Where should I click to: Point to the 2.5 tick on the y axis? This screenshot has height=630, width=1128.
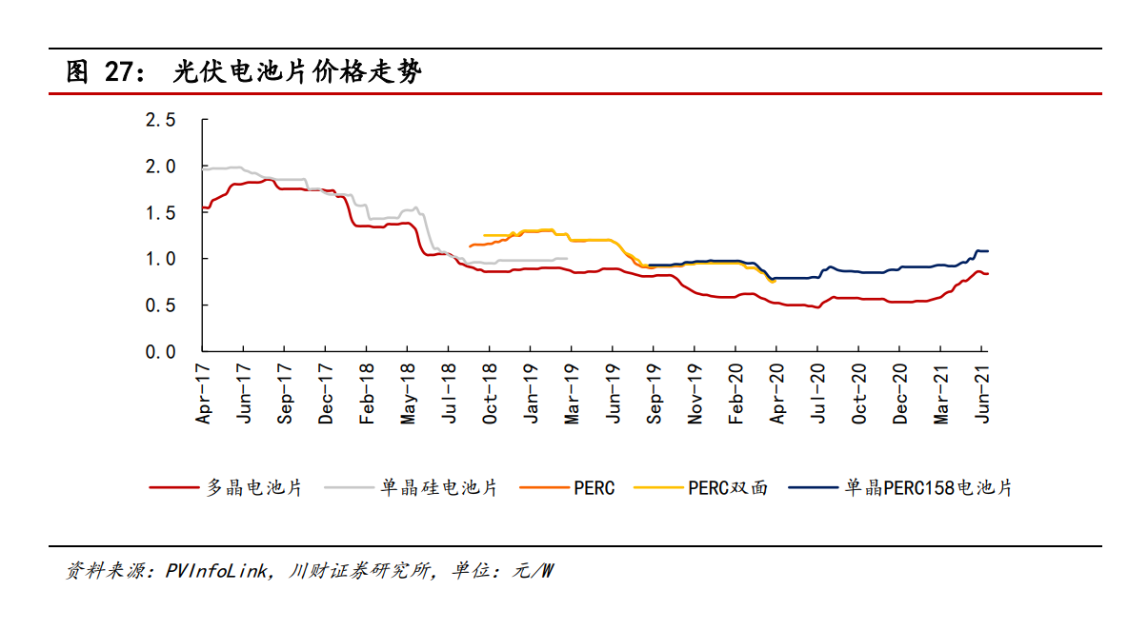coord(160,120)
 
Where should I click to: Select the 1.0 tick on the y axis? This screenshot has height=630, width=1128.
coord(160,259)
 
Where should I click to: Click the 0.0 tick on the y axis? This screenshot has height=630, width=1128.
coord(160,351)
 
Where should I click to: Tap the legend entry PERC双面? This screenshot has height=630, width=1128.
coord(727,488)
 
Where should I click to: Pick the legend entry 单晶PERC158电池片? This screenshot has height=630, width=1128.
coord(928,488)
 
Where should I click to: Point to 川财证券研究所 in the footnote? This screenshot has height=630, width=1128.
coord(363,571)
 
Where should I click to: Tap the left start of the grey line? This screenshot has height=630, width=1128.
coord(204,169)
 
